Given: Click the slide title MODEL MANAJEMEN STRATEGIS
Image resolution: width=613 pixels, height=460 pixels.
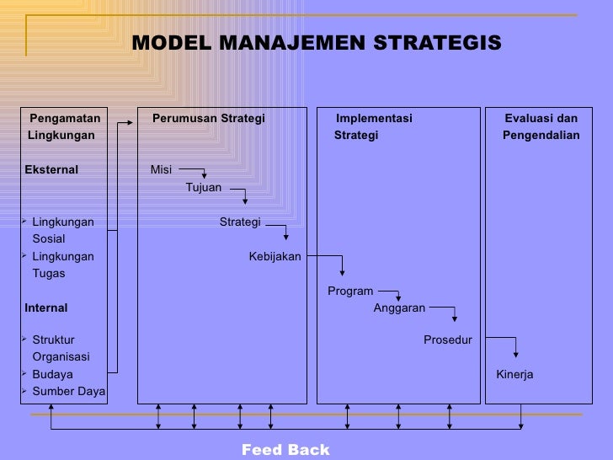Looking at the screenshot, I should [316, 43].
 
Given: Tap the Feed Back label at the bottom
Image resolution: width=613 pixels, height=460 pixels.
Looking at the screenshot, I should [285, 450].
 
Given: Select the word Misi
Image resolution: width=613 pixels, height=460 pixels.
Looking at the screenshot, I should [161, 170].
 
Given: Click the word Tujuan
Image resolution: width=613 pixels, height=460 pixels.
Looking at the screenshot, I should [204, 188].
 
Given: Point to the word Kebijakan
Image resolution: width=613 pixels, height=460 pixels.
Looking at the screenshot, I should [275, 257].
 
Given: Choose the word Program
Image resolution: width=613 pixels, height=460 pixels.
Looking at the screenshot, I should [350, 292].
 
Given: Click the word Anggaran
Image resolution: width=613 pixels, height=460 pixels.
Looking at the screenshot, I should [399, 308].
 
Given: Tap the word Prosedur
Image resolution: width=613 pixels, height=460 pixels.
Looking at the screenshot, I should [447, 340].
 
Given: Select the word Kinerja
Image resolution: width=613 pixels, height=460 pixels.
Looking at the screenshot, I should [514, 374].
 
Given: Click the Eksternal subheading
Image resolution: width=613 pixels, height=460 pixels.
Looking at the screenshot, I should [51, 170].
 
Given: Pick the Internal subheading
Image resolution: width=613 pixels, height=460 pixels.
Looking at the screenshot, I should [46, 308].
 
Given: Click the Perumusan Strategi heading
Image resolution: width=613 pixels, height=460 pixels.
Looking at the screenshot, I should [208, 119].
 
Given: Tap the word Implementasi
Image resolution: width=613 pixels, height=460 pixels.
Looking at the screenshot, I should [374, 119].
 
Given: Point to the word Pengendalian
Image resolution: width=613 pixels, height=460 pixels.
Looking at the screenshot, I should [541, 136].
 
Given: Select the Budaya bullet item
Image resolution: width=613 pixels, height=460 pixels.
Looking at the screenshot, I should [52, 374].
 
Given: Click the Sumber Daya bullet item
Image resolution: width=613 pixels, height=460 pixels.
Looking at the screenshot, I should [68, 391].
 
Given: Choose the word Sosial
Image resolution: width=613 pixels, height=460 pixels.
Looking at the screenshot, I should [49, 239].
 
